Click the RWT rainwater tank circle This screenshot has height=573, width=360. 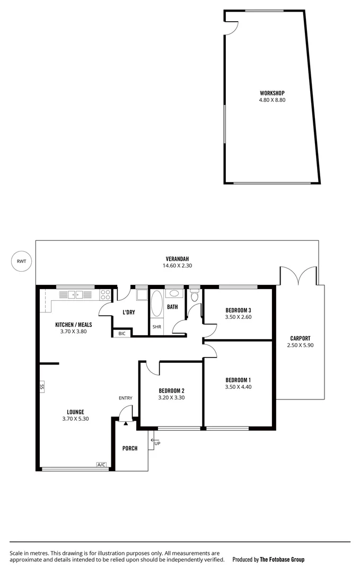[x=21, y=261]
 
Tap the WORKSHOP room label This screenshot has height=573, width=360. [x=272, y=93]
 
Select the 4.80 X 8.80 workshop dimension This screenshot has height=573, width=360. [x=272, y=100]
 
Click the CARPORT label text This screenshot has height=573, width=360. [x=300, y=338]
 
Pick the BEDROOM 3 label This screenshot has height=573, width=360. [x=238, y=310]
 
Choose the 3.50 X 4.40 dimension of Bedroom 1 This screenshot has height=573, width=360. [x=238, y=387]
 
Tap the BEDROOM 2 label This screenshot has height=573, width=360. [x=171, y=390]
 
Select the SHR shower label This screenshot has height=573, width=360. [x=157, y=327]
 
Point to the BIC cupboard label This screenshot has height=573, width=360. [x=122, y=333]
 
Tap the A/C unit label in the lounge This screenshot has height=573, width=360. [x=101, y=465]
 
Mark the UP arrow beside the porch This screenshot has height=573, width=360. [x=157, y=442]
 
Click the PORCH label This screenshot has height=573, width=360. [x=130, y=448]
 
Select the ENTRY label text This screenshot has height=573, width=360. [x=126, y=398]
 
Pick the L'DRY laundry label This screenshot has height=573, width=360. [x=128, y=312]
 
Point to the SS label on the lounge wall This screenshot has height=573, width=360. [x=42, y=387]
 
